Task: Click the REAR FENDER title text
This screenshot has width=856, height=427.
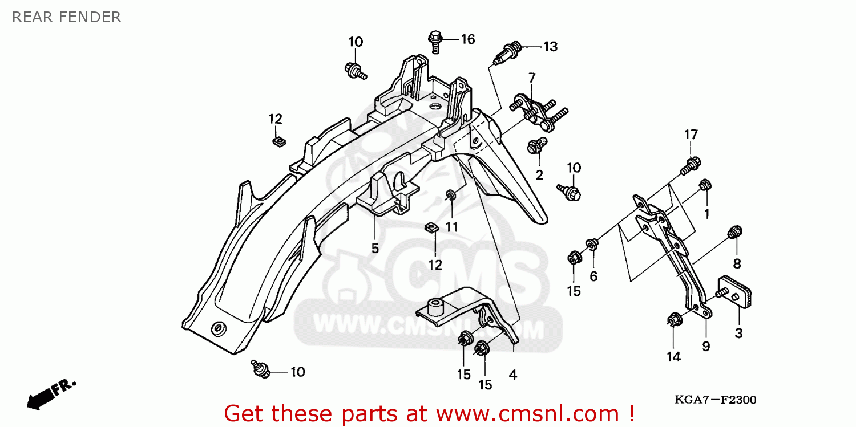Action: pyautogui.click(x=66, y=17)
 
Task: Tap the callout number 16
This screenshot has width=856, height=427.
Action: pyautogui.click(x=467, y=39)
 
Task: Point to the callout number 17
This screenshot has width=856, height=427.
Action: pyautogui.click(x=691, y=135)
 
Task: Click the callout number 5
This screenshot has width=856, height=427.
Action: pyautogui.click(x=375, y=249)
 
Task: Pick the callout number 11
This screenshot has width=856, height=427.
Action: pyautogui.click(x=451, y=227)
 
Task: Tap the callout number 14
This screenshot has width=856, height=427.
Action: pyautogui.click(x=673, y=357)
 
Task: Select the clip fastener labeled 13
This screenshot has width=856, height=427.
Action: pyautogui.click(x=509, y=51)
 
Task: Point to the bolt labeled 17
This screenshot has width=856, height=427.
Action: pyautogui.click(x=690, y=165)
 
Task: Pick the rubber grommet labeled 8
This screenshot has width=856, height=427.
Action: pyautogui.click(x=735, y=231)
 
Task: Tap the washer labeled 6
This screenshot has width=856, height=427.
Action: pyautogui.click(x=592, y=245)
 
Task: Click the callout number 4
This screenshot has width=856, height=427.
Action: pyautogui.click(x=512, y=375)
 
